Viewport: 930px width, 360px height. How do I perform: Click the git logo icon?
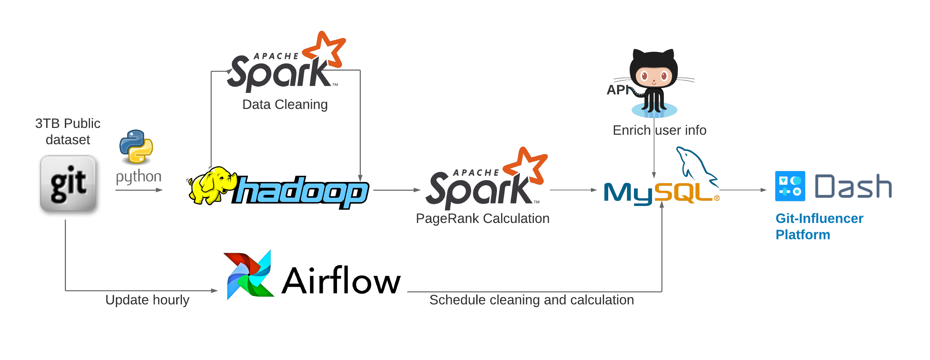68,184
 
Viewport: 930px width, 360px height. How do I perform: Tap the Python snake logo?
136,146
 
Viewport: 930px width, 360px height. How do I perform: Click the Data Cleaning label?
285,105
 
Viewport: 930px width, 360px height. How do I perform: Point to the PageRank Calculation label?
482,219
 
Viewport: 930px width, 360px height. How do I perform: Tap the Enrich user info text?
659,130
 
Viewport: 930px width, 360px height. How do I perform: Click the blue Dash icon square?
790,186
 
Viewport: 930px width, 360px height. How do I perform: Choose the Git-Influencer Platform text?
819,226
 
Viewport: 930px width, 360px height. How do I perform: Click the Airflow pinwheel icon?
249,275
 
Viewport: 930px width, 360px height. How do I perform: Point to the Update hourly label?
147,300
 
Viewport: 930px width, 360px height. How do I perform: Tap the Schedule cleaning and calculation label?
532,300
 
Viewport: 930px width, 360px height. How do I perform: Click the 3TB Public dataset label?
68,131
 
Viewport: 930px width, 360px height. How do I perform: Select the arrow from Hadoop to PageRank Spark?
397,190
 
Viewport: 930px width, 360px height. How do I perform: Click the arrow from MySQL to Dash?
743,190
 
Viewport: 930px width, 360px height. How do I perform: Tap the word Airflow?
341,281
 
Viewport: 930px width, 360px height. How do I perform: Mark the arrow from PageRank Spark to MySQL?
573,190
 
